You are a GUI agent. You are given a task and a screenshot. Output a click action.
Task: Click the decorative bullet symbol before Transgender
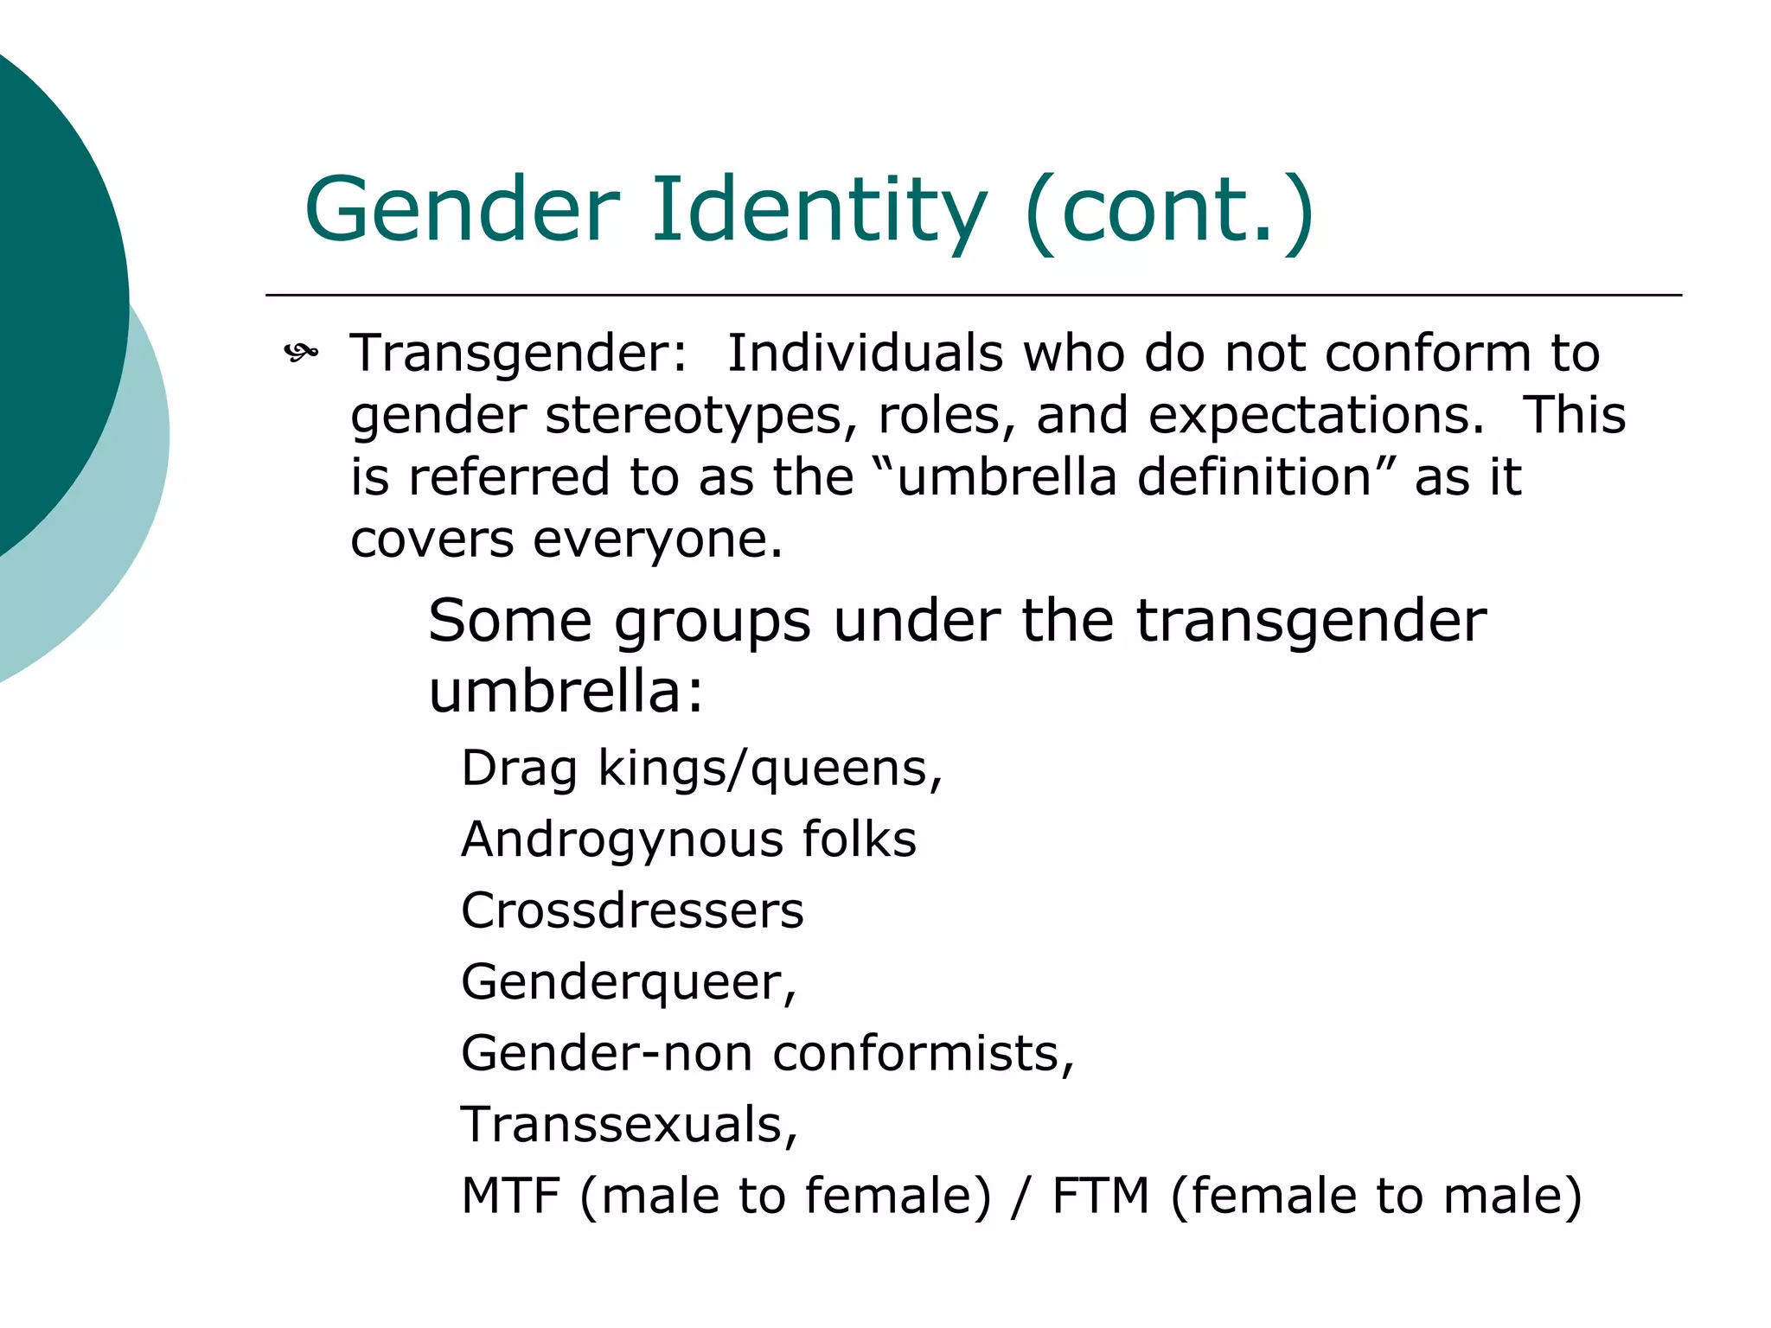tap(301, 353)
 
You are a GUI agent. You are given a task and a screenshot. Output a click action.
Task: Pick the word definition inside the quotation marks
tap(1254, 477)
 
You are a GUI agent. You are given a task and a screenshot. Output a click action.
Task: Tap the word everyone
tap(657, 540)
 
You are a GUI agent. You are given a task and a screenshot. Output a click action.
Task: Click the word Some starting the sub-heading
tap(510, 621)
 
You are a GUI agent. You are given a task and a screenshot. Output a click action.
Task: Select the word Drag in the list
tap(519, 769)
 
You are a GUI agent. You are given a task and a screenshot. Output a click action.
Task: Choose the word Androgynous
tap(618, 840)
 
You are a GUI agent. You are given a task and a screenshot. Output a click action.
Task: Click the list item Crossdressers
tap(632, 911)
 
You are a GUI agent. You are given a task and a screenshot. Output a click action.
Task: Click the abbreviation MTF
tap(511, 1196)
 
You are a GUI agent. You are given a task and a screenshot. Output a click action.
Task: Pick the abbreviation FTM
tap(1101, 1196)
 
